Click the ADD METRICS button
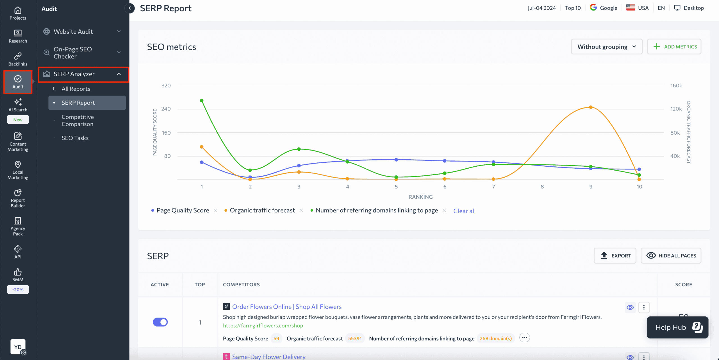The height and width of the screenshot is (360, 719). click(674, 47)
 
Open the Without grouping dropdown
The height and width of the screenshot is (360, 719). click(606, 47)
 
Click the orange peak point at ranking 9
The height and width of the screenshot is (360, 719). click(591, 107)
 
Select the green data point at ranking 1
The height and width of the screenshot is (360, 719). click(202, 101)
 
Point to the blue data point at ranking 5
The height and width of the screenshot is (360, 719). click(396, 160)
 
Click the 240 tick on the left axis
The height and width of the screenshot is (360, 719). click(166, 109)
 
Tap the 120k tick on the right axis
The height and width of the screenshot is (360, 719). click(676, 109)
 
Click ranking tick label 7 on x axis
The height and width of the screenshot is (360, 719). click(493, 187)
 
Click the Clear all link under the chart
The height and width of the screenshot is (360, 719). click(464, 211)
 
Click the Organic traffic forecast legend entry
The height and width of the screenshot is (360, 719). click(262, 210)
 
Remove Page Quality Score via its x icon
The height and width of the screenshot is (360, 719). click(215, 210)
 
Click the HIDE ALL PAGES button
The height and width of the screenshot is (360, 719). click(671, 255)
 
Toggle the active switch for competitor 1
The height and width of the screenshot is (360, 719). click(160, 322)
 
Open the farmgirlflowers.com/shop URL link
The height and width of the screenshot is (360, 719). click(263, 325)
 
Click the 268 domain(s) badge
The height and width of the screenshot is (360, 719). click(495, 338)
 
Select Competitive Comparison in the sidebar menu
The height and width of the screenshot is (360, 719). click(78, 120)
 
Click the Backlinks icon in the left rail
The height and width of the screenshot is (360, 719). click(18, 59)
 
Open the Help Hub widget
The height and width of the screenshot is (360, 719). click(677, 327)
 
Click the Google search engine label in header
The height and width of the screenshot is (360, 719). click(604, 8)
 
